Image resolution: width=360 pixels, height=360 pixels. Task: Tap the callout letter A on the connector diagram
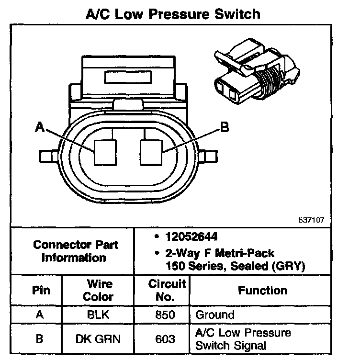point(40,128)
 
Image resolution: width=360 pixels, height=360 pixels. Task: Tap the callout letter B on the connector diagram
point(224,127)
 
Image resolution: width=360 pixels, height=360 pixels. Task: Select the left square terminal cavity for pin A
point(105,152)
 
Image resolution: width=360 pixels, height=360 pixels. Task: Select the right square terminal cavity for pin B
point(152,152)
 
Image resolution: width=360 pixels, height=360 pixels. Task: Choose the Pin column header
point(40,290)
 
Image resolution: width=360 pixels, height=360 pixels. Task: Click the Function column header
point(262,290)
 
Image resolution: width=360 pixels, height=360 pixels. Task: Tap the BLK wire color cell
point(98,315)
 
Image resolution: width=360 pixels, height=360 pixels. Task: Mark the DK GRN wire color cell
point(98,338)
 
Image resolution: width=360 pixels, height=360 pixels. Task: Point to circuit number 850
point(165,315)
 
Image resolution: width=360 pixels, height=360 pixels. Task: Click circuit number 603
point(165,338)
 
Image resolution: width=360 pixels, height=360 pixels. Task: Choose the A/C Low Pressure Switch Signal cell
point(243,338)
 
